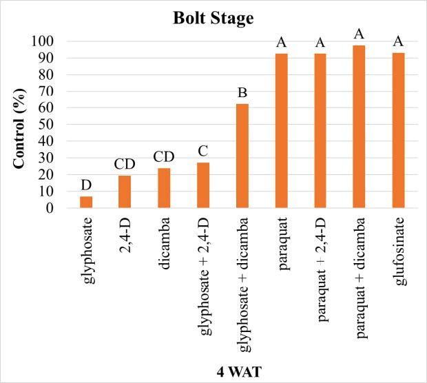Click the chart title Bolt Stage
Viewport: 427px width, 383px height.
tap(213, 19)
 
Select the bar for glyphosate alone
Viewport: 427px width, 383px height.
tap(86, 202)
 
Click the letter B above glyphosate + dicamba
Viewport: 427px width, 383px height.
tap(242, 93)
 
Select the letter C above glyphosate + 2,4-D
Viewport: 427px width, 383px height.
tap(203, 152)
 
